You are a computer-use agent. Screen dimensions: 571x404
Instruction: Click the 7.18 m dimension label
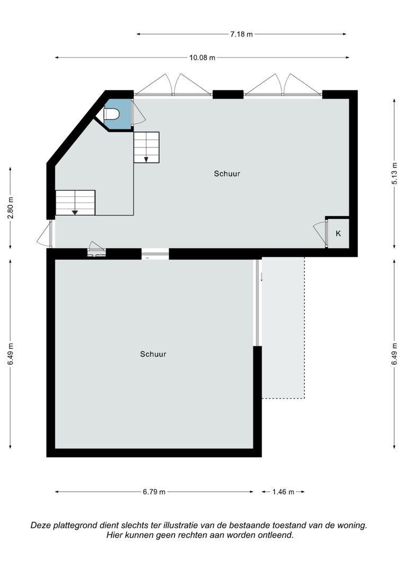[241, 34]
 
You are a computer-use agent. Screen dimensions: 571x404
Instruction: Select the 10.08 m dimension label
[203, 58]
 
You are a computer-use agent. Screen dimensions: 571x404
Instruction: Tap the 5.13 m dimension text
[394, 173]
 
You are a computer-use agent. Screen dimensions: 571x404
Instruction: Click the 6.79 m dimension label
[154, 492]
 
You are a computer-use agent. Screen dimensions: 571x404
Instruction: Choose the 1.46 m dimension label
[283, 492]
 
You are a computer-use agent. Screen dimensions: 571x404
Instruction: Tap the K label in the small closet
[338, 233]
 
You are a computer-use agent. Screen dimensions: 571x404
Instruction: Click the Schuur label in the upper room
[227, 173]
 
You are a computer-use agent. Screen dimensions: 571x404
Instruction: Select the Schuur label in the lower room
[153, 354]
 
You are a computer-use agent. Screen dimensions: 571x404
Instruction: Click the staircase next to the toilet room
[146, 148]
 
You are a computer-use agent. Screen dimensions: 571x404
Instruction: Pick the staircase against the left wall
[75, 202]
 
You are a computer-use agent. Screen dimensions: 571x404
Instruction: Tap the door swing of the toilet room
[138, 113]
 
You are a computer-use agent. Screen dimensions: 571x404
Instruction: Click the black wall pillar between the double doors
[228, 95]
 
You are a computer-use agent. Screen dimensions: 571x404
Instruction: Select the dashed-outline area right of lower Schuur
[283, 328]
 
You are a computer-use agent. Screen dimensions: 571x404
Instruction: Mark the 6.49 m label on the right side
[394, 354]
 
